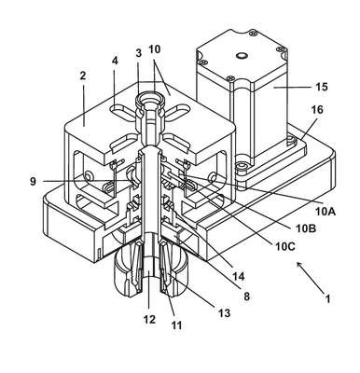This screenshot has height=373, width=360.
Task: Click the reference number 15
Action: [322, 87]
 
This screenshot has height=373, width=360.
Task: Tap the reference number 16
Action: [316, 110]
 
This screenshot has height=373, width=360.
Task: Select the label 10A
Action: [325, 212]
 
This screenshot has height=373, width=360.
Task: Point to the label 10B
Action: [306, 229]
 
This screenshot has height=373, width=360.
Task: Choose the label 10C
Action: [285, 246]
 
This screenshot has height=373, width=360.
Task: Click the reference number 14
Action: [238, 276]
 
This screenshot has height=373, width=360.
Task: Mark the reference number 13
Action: [224, 313]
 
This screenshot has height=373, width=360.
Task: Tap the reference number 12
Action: [149, 319]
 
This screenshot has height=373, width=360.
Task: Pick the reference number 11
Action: [176, 325]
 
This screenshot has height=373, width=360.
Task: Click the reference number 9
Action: [33, 181]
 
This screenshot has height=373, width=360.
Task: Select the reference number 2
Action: [83, 76]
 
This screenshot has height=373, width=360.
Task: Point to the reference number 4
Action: [115, 61]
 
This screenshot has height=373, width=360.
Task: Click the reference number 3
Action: [139, 53]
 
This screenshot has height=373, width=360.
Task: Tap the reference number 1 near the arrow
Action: [327, 299]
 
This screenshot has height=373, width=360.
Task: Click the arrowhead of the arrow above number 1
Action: [299, 265]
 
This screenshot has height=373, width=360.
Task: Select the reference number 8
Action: [246, 297]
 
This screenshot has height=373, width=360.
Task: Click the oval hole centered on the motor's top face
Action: [242, 56]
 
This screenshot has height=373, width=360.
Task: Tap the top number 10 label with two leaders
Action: [155, 49]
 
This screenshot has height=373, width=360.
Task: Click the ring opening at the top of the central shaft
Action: [150, 100]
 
